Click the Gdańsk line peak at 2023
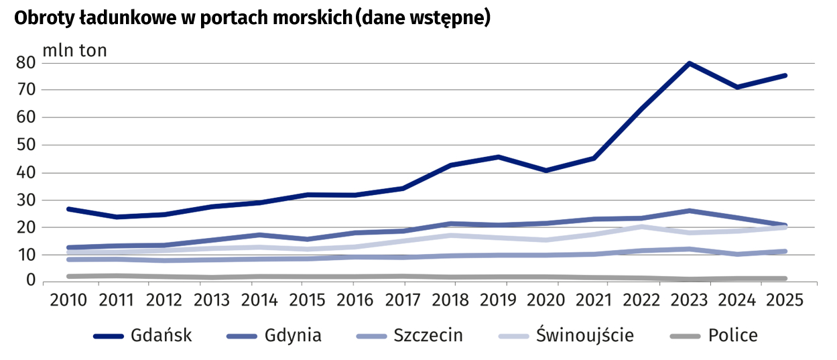tap(689, 63)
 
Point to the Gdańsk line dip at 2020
tap(546, 170)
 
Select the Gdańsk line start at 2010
tap(70, 209)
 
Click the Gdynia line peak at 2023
tap(689, 211)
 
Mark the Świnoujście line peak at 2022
tap(641, 227)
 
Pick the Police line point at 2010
tap(70, 276)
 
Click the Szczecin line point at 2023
tap(689, 249)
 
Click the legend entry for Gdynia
tap(274, 335)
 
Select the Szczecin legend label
tap(428, 335)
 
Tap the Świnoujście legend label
tap(584, 335)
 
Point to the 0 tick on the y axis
tap(29, 280)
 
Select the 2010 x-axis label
tap(69, 299)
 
